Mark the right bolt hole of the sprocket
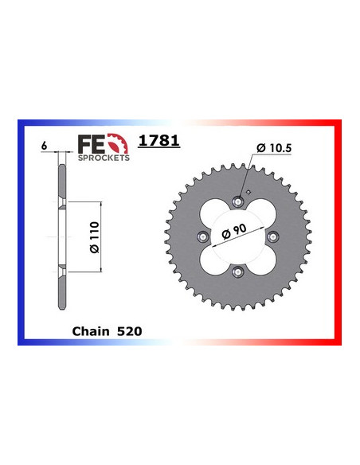[273, 236]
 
